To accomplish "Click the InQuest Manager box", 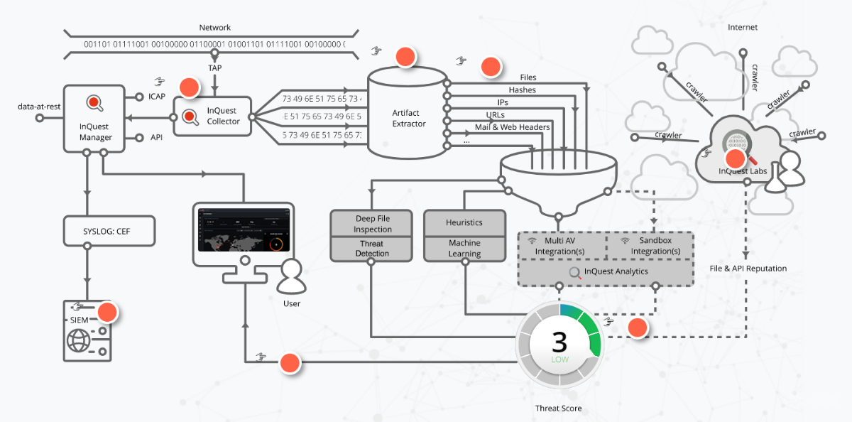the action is click(94, 119).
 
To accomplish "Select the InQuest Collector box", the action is click(212, 116).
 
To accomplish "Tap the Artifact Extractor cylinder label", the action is click(409, 118).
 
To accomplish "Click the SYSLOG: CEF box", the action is click(109, 231).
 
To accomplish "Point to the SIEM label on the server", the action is click(79, 320).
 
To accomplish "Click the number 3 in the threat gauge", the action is click(559, 342).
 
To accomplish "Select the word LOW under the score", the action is click(560, 359).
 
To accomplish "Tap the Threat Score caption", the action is click(558, 409).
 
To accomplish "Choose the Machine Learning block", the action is click(465, 248).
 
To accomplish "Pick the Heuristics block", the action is click(465, 222).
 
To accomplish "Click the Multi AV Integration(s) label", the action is click(559, 246).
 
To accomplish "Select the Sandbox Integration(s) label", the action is click(655, 245).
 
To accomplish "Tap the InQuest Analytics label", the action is click(616, 271).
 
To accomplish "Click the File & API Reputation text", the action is click(748, 269).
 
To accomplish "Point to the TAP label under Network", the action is click(214, 67).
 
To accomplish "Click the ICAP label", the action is click(157, 97).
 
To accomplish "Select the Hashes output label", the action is click(523, 90).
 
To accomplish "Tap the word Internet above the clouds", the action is click(743, 28).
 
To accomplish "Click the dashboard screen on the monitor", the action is click(244, 229).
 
